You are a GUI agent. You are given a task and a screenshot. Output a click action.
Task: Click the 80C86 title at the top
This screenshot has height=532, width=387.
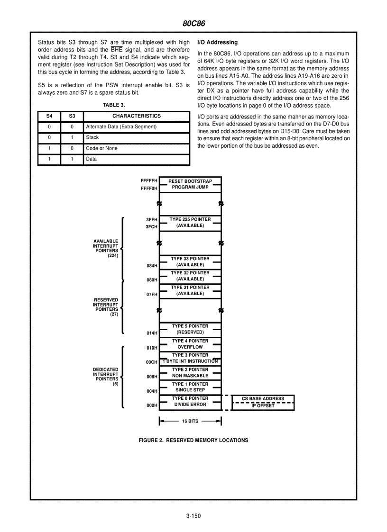coord(193,23)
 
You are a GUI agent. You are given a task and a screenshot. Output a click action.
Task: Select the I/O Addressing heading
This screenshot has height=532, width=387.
coord(217,42)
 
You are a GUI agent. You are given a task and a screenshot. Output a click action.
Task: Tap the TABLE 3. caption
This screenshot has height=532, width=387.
coord(114,105)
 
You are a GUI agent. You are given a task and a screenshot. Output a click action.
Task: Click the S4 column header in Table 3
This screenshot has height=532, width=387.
coord(49,116)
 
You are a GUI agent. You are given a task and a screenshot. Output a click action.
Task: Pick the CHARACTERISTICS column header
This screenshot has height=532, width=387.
coord(137,116)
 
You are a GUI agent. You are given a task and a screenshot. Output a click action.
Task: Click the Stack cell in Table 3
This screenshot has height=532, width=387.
coord(92,137)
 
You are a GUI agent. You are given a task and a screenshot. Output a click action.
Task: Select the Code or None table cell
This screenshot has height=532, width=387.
coord(101,148)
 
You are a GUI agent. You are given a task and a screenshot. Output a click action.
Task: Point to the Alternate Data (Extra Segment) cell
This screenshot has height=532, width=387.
coord(121,127)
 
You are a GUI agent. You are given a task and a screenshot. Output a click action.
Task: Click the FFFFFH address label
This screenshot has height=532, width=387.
coord(149,181)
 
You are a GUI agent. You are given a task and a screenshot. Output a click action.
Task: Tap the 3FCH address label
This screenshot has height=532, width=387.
coord(151,227)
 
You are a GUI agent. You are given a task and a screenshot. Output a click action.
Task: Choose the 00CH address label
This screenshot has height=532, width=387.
coord(151,362)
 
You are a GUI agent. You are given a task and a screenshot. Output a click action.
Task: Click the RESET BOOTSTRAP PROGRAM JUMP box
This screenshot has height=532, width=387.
coord(190,184)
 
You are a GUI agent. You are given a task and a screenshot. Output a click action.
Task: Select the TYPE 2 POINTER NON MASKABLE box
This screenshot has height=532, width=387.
coord(190,373)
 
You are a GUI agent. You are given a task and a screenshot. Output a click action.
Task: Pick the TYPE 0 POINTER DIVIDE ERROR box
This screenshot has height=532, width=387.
coord(190,402)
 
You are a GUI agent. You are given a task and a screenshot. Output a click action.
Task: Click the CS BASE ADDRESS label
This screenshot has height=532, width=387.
coord(263,398)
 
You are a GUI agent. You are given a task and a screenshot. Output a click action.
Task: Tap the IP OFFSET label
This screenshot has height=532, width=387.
coord(263,406)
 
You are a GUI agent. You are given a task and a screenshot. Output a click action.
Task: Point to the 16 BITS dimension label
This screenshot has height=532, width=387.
coord(190,421)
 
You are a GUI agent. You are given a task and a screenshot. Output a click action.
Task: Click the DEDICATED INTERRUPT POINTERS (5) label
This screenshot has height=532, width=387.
coord(106,377)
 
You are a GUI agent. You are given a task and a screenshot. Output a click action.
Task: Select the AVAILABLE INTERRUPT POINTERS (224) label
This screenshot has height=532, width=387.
coord(106,248)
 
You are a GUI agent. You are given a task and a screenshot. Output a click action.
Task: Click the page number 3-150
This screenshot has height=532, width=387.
coord(193,516)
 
